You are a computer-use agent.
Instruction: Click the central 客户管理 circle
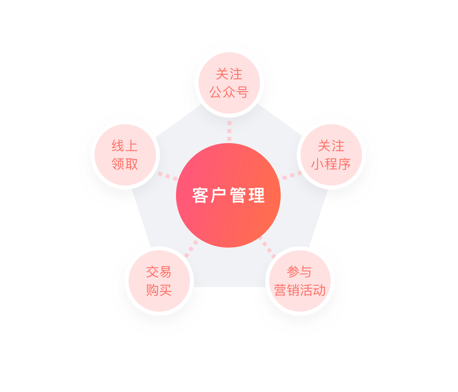point(228,195)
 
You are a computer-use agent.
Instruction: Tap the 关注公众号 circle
point(229,83)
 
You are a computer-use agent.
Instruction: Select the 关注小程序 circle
point(331,155)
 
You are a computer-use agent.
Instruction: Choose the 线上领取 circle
point(125,155)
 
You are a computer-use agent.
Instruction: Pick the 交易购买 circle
point(159,281)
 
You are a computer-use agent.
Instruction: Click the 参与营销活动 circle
point(300,281)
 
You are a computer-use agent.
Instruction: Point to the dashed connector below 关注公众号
point(229,131)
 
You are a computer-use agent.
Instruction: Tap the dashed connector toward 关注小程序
point(290,176)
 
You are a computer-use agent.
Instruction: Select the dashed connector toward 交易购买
point(191,249)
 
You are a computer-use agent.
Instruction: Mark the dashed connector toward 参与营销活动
point(267,247)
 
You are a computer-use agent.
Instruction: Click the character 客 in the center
point(200,195)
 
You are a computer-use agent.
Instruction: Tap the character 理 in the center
point(256,195)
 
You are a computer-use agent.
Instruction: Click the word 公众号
point(229,92)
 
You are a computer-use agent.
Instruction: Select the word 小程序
point(331,164)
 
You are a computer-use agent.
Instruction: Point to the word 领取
point(125,164)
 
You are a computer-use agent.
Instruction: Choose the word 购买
point(159,290)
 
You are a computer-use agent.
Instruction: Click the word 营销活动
point(300,290)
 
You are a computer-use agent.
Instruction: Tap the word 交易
point(159,272)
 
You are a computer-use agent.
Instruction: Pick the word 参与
point(299,272)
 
